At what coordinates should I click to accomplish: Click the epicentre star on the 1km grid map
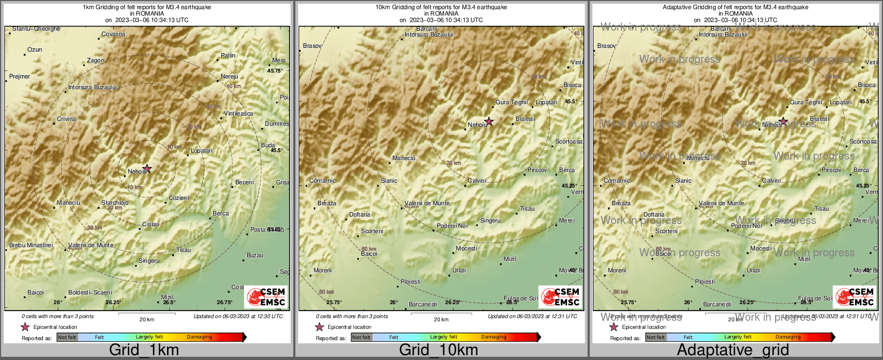(147, 169)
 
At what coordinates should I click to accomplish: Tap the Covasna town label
(113, 34)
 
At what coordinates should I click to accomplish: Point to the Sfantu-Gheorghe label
(36, 29)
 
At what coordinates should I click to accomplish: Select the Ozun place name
(34, 49)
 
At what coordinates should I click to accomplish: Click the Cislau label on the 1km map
(150, 225)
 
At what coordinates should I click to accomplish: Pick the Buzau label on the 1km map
(255, 256)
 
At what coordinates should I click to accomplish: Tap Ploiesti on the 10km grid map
(411, 282)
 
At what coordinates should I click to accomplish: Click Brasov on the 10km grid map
(312, 46)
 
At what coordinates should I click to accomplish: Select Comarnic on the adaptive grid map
(617, 181)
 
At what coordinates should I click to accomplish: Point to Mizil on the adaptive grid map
(804, 259)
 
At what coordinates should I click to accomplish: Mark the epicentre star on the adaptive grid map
(783, 121)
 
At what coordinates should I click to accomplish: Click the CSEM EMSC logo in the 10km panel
(560, 297)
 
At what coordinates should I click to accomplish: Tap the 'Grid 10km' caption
(438, 350)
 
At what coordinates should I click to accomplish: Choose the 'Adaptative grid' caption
(733, 350)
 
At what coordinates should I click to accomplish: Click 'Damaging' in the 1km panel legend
(199, 337)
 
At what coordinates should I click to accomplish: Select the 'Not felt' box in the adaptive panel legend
(655, 337)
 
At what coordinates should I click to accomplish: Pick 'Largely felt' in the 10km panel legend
(444, 337)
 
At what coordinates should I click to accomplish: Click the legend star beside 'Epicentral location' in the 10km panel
(319, 327)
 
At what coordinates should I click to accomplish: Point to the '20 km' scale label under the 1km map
(147, 320)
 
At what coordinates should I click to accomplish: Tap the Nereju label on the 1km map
(229, 77)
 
